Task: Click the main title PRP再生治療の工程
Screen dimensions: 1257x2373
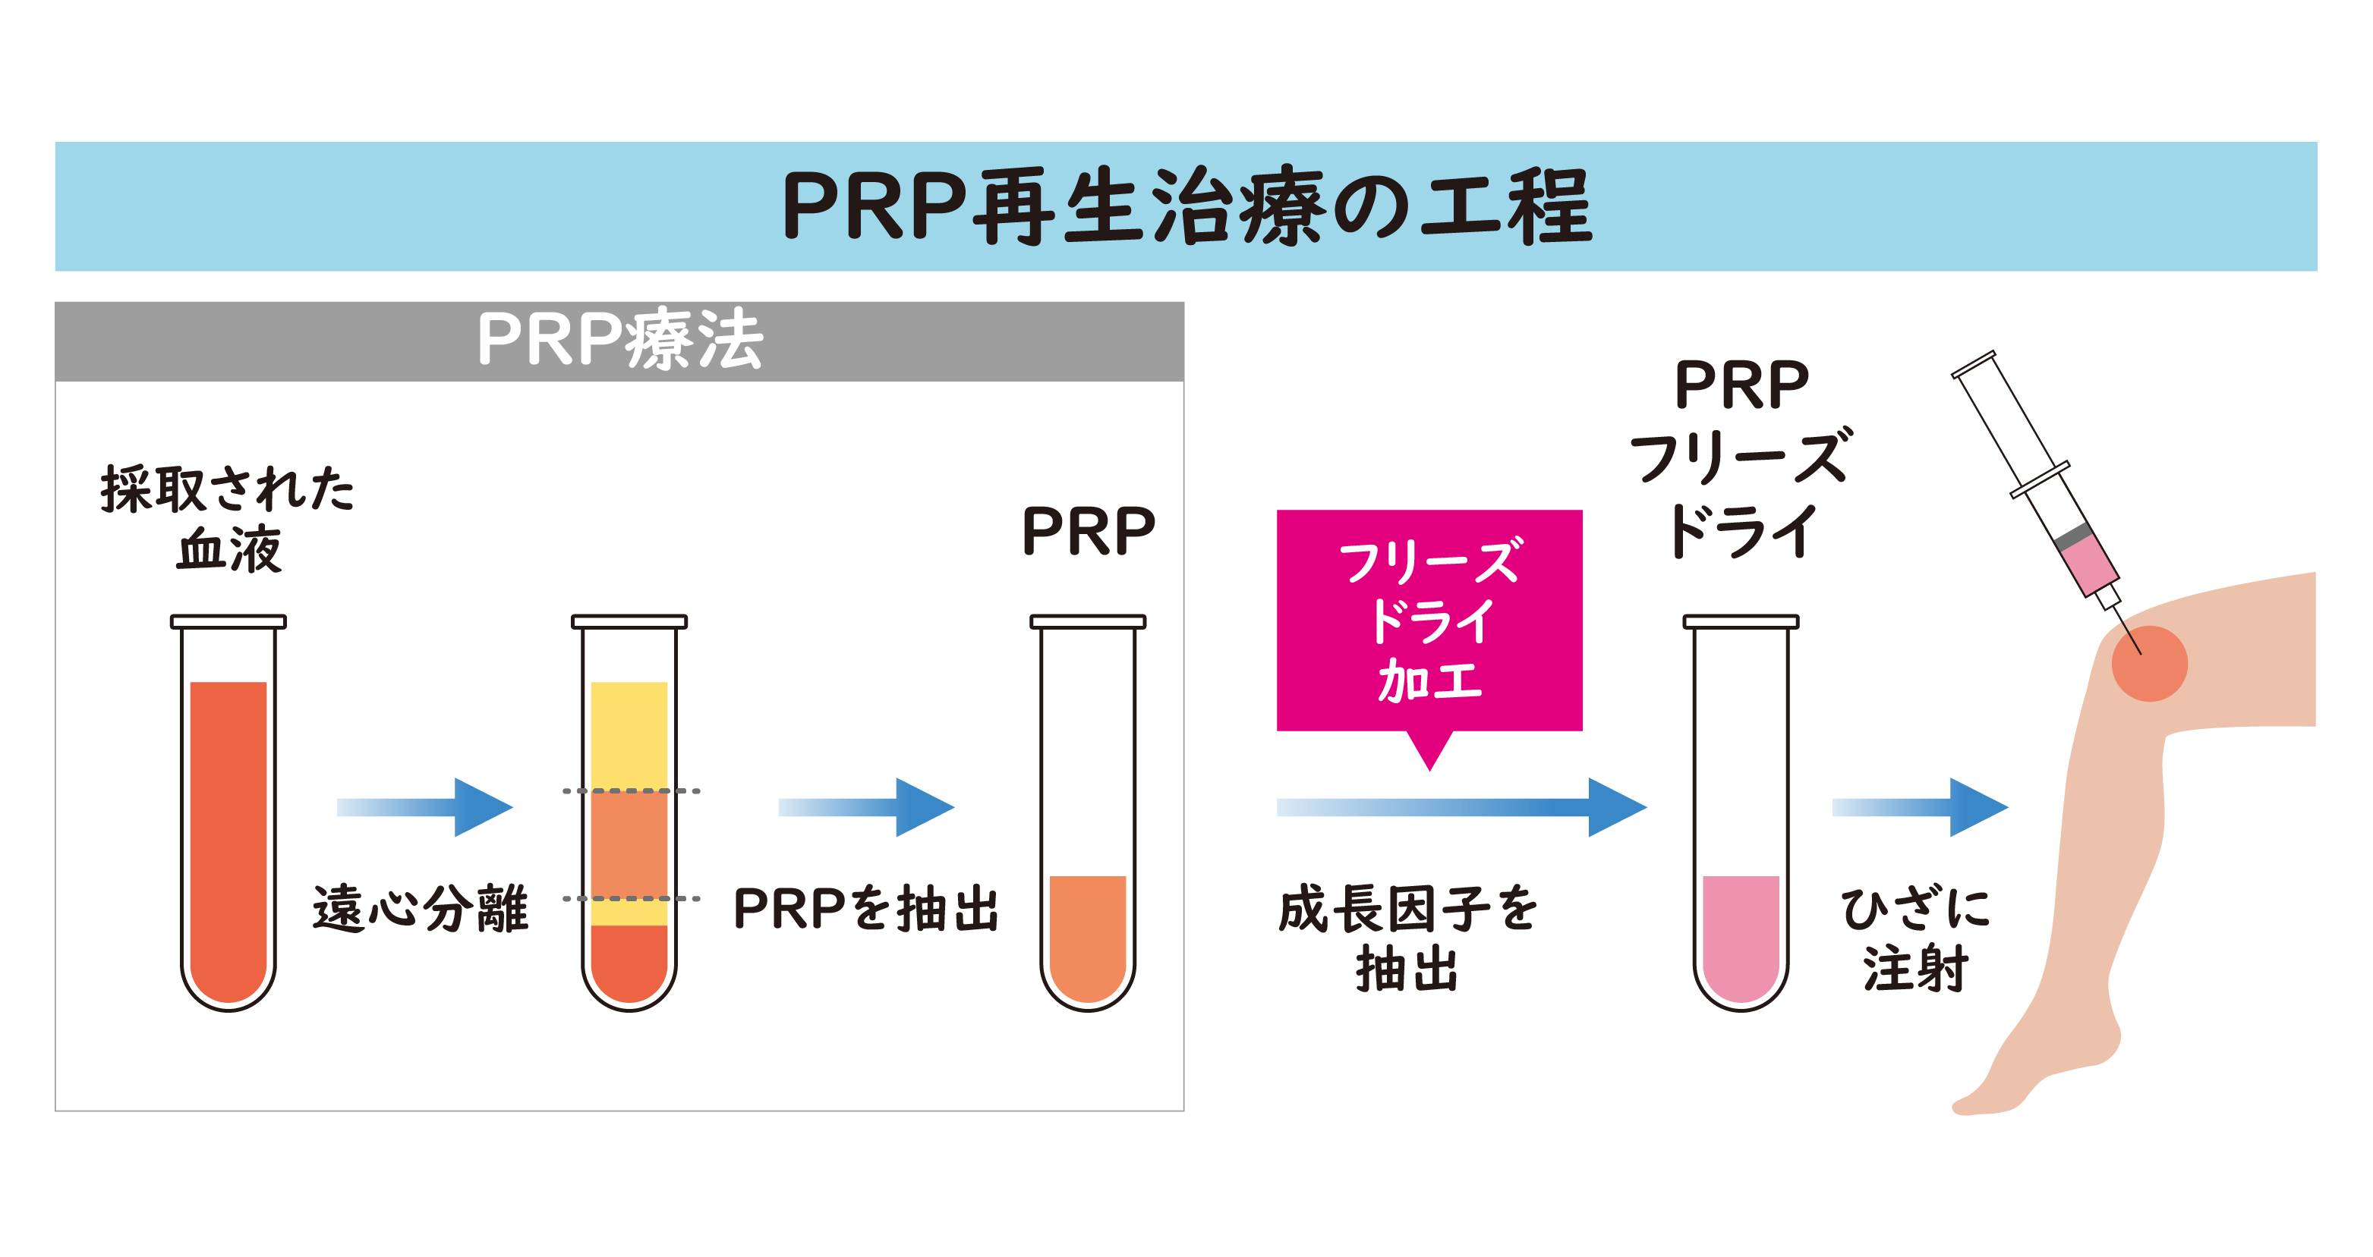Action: pyautogui.click(x=1186, y=206)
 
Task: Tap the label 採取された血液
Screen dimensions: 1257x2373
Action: pyautogui.click(x=228, y=518)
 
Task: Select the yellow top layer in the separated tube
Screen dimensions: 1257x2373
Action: pyautogui.click(x=629, y=732)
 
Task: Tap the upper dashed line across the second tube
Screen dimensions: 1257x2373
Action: pyautogui.click(x=631, y=791)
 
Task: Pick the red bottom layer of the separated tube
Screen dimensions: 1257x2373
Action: pyautogui.click(x=629, y=963)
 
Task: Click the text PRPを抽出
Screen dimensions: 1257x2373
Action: pyautogui.click(x=866, y=909)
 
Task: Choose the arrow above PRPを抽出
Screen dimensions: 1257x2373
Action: pyautogui.click(x=866, y=808)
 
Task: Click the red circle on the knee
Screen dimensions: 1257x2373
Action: pyautogui.click(x=2149, y=664)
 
